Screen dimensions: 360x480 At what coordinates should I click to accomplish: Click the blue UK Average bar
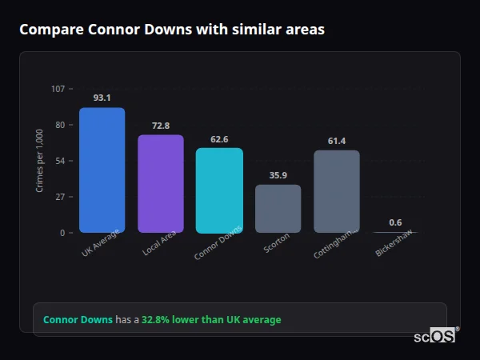tap(102, 170)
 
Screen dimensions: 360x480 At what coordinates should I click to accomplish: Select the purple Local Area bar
tap(161, 183)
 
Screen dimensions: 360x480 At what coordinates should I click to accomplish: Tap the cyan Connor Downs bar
tap(219, 190)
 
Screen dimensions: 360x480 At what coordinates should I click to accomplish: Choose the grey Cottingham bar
tap(337, 191)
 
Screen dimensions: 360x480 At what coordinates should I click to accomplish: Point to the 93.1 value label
tap(102, 98)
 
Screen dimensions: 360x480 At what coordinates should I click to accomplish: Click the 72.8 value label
tap(161, 126)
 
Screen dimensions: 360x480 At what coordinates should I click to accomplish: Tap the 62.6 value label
tap(219, 139)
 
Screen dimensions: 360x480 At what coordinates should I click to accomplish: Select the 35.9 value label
tap(278, 175)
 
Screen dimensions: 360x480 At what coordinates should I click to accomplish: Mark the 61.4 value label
tap(337, 141)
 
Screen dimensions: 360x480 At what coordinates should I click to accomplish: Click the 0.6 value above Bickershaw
tap(395, 222)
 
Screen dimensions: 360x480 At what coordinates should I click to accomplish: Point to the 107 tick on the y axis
tap(58, 88)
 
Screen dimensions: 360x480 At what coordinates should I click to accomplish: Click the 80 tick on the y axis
tap(59, 125)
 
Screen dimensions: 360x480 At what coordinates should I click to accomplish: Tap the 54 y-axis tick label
tap(59, 161)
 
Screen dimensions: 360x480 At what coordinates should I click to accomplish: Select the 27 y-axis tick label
tap(59, 197)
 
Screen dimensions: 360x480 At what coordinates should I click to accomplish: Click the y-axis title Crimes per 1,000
tap(40, 161)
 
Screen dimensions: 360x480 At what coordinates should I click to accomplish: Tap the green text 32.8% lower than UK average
tap(211, 320)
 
